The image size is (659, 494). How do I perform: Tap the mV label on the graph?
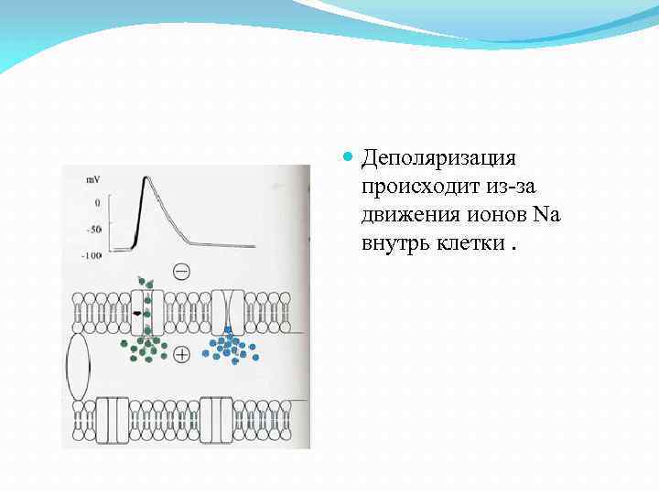point(93,180)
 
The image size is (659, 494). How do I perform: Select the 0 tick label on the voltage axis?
point(97,201)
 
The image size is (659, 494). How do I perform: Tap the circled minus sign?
point(181,271)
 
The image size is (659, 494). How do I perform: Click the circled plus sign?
point(181,354)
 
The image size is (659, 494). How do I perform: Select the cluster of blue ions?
point(229,345)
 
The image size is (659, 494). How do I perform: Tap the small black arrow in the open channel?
point(137,314)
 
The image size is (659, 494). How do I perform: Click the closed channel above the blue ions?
point(227,312)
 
